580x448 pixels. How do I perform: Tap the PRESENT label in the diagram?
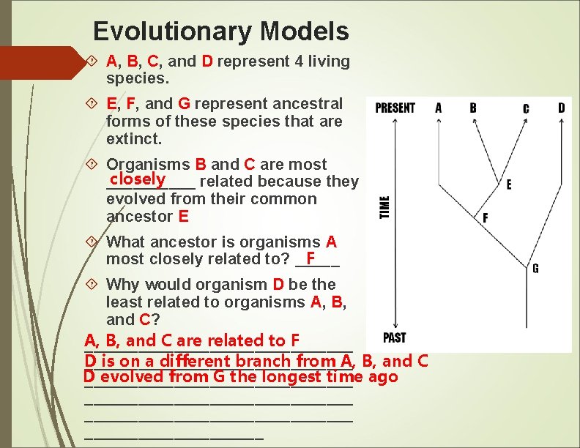(x=395, y=108)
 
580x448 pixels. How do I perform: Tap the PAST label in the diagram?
(x=394, y=337)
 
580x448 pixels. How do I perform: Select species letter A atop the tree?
(x=439, y=108)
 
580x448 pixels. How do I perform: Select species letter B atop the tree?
(x=473, y=108)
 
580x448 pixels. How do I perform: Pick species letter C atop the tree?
(x=526, y=108)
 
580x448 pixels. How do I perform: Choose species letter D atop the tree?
(x=561, y=108)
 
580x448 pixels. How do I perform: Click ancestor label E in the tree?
(x=509, y=185)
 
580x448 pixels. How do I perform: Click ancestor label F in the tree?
(x=485, y=218)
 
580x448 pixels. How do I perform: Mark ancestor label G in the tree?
(x=535, y=269)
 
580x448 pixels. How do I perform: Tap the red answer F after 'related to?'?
(x=311, y=258)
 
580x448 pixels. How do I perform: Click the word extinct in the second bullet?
(x=133, y=139)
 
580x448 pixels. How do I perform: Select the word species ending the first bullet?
(x=137, y=78)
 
